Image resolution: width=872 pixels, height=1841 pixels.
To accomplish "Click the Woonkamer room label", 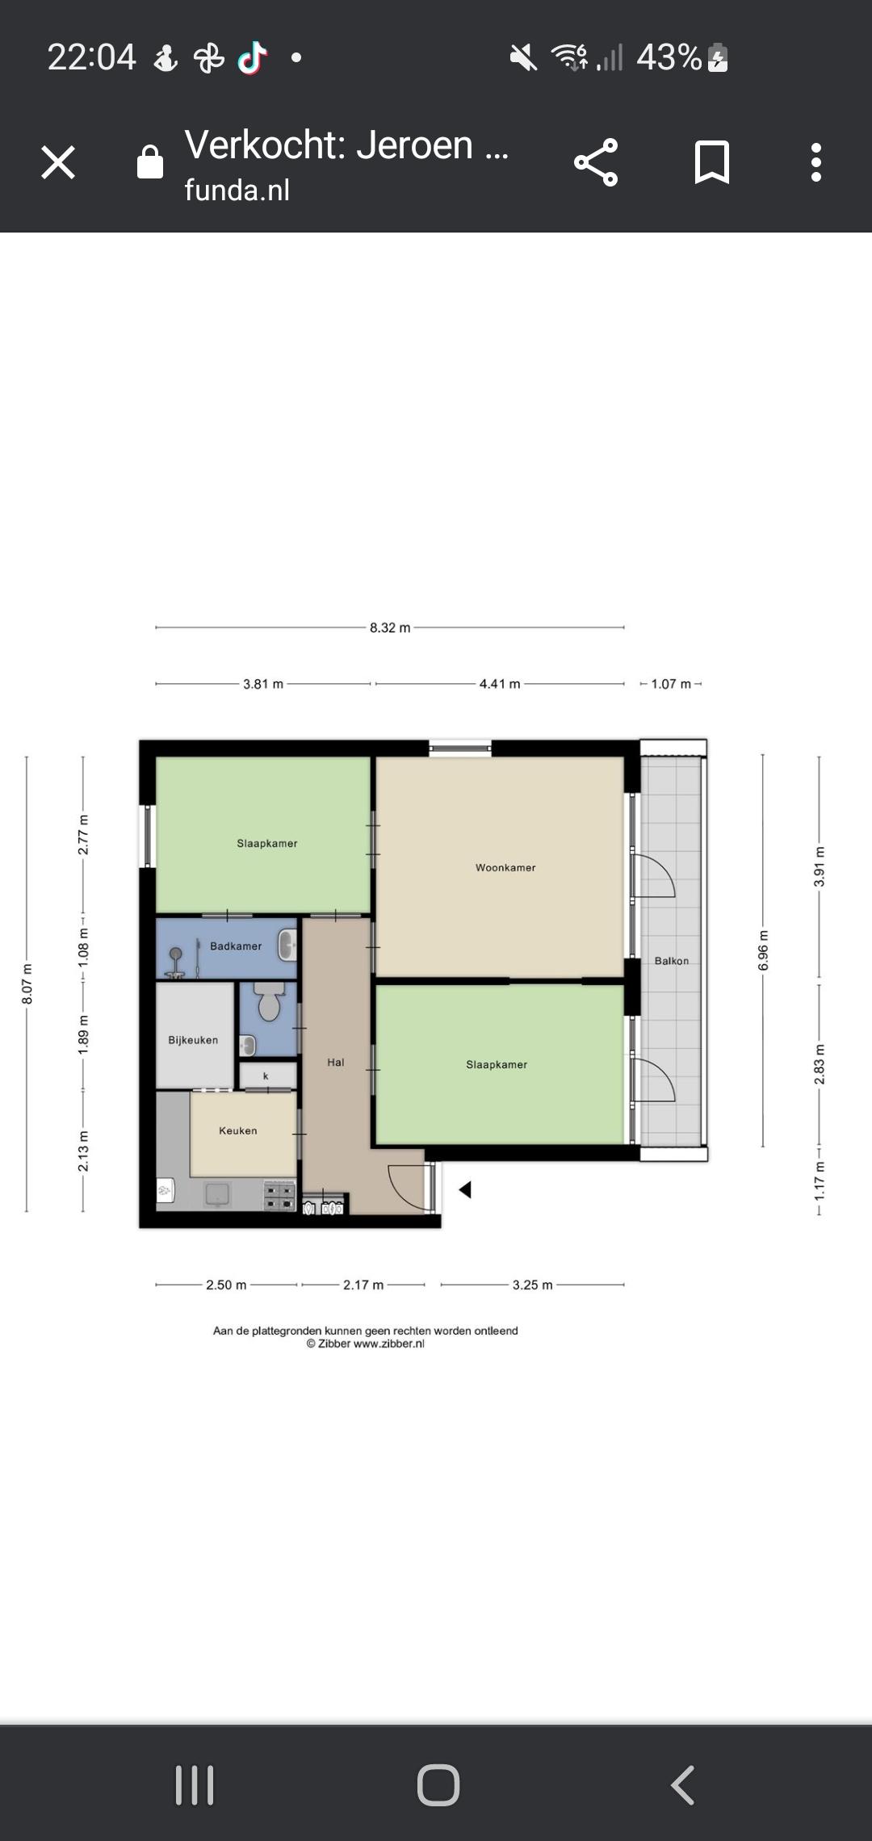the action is point(505,868).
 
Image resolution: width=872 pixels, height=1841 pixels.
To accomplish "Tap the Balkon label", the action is point(672,961).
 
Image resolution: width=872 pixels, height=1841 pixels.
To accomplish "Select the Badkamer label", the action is point(236,946).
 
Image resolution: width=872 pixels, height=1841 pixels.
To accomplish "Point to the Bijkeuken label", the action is point(193,1040).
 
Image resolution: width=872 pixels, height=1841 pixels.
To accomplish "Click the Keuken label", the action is point(238,1130).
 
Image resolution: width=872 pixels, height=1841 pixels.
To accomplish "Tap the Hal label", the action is point(336,1063).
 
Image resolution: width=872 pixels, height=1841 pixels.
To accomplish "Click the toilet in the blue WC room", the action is point(269,1001).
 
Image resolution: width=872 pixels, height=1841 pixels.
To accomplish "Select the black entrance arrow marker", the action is point(465,1189).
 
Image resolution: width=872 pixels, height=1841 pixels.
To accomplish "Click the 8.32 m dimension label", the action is point(390,627).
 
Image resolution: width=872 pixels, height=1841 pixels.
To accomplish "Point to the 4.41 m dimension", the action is point(500,684).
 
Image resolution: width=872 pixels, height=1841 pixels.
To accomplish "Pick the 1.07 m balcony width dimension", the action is point(671,684).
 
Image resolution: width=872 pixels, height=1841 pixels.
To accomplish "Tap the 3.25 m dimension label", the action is point(533,1285).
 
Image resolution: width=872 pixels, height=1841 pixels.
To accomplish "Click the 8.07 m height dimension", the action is point(27,984).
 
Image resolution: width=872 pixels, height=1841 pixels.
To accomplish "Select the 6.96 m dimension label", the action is point(763,951).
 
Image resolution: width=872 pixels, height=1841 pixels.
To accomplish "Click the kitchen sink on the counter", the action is point(217,1194).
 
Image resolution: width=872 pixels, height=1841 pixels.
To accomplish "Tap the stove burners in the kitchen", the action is point(280,1196).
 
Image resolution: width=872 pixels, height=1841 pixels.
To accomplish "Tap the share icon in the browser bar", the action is point(596,162).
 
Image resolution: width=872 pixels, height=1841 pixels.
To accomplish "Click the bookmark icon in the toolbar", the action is point(712,162).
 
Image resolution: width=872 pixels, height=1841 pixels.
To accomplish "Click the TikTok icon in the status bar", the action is point(252,57).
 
